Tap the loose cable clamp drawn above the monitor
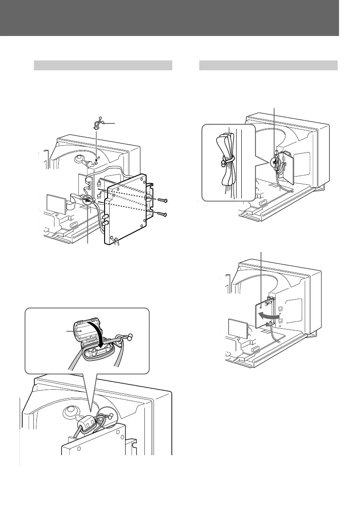pyautogui.click(x=97, y=124)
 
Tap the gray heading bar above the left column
pyautogui.click(x=103, y=65)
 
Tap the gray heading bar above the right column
pyautogui.click(x=268, y=65)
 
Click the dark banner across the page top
pyautogui.click(x=170, y=18)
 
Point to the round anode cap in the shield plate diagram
pyautogui.click(x=80, y=159)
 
